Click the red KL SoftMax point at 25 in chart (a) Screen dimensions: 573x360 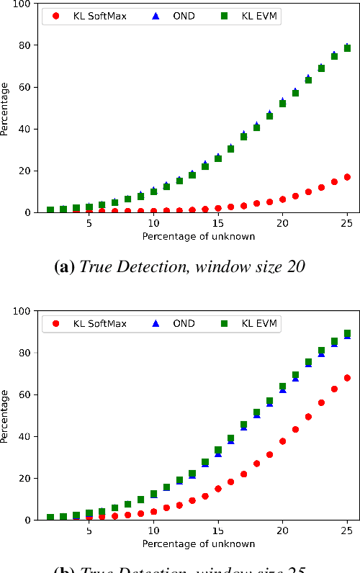(x=347, y=177)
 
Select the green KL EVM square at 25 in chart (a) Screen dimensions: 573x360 (x=347, y=48)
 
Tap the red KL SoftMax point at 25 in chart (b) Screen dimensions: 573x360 (x=347, y=378)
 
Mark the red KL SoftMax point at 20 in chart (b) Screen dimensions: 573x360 (x=282, y=441)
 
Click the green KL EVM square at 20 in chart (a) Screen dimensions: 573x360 (x=282, y=104)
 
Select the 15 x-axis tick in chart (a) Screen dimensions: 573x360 (x=218, y=223)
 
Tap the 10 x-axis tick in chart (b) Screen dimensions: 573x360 (x=153, y=531)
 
